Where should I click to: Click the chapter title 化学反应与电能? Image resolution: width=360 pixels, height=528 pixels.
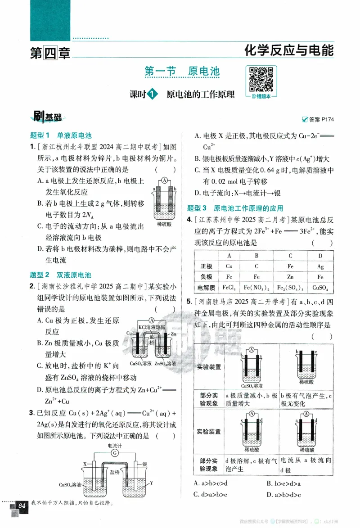point(288,50)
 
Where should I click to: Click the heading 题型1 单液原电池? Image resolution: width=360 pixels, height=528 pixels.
point(60,135)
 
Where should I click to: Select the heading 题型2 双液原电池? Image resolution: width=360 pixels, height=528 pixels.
point(60,275)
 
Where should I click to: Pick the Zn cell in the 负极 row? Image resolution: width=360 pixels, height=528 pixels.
point(290,276)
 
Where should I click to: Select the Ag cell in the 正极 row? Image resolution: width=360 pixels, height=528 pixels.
point(320,266)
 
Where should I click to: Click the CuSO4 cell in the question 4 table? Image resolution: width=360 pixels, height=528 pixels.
point(320,287)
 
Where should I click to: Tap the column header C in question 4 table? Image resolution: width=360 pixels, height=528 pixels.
point(290,256)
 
